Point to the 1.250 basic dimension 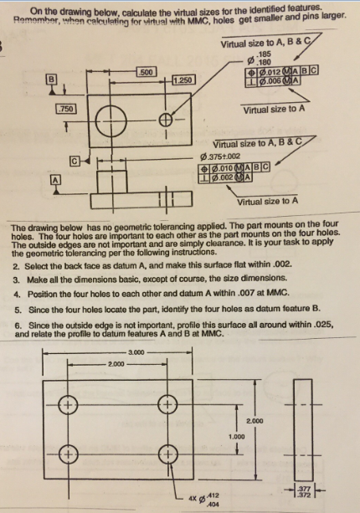click(x=183, y=80)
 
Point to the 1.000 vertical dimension click(x=238, y=436)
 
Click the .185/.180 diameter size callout click(x=264, y=59)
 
